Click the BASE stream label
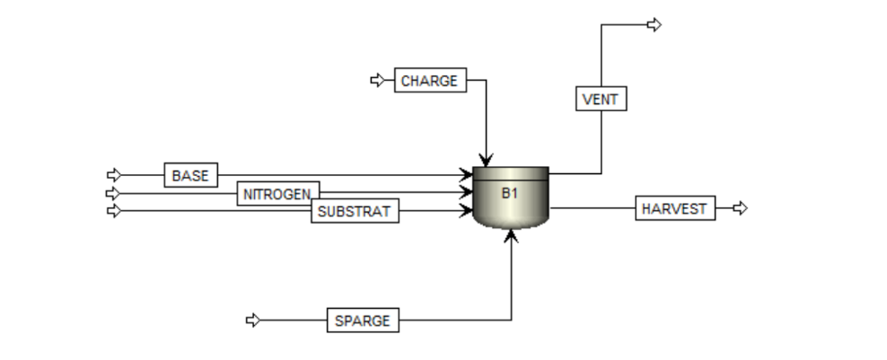point(190,175)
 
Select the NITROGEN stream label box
point(278,193)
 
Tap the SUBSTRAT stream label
point(355,212)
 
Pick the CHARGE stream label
point(429,81)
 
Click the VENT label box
point(601,99)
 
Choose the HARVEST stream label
point(675,209)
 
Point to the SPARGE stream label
point(363,320)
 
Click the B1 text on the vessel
point(510,193)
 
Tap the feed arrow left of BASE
point(113,175)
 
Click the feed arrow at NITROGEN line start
point(113,193)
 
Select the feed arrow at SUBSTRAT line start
point(113,211)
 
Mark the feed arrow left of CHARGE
point(377,81)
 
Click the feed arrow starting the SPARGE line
point(253,320)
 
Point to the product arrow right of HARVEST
point(740,208)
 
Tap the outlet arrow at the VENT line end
point(654,24)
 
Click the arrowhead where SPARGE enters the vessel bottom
point(511,235)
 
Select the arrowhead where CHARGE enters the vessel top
point(486,160)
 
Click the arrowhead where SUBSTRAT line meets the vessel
point(466,211)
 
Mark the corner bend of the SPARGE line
point(511,320)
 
